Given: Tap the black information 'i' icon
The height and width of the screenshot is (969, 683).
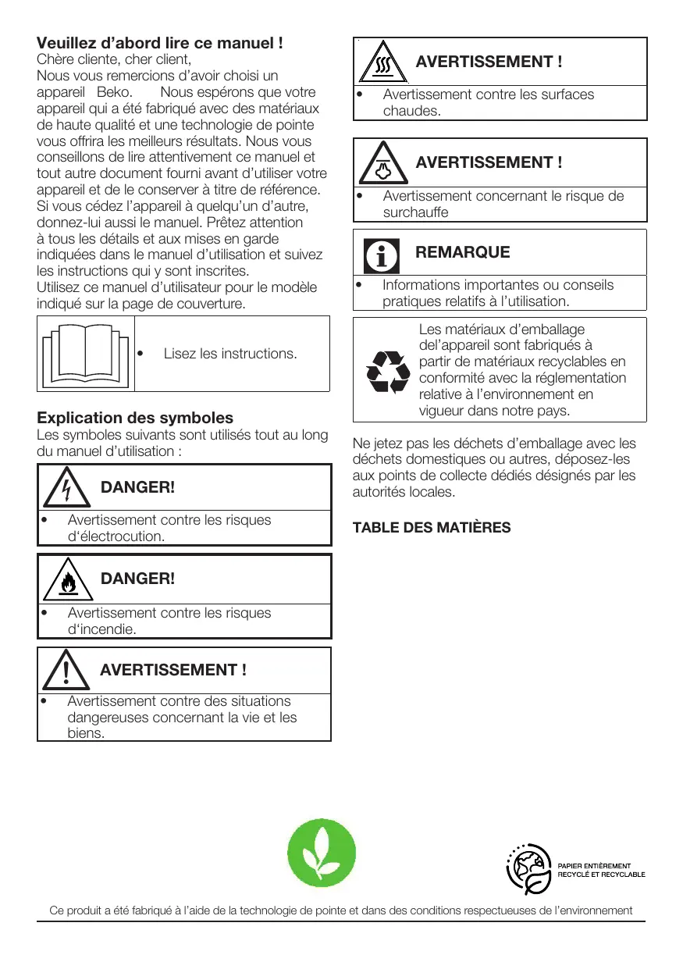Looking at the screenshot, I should pos(382,254).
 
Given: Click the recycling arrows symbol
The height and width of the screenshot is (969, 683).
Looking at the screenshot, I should pos(388,371).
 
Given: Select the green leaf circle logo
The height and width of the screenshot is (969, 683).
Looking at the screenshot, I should pos(322,853).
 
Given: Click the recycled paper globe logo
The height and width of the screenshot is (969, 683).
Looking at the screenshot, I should pos(529,868).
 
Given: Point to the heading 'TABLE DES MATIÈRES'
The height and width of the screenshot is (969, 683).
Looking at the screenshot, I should pos(432,528).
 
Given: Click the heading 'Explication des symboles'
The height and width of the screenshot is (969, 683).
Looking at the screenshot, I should pos(135,418).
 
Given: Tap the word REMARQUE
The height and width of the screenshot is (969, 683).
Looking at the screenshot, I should pos(463,252).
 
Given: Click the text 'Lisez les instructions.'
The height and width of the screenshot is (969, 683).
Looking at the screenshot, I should pos(230,354).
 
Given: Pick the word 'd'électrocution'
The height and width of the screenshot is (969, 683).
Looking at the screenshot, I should pos(116,536).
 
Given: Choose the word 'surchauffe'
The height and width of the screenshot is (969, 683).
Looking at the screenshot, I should pos(415,212).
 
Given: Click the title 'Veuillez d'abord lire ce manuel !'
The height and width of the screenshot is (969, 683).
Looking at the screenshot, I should pos(160,42).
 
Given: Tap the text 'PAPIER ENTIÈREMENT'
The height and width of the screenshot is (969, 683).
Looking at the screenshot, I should pos(593,865).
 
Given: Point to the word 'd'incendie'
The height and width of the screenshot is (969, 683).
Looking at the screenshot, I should pos(102,629).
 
